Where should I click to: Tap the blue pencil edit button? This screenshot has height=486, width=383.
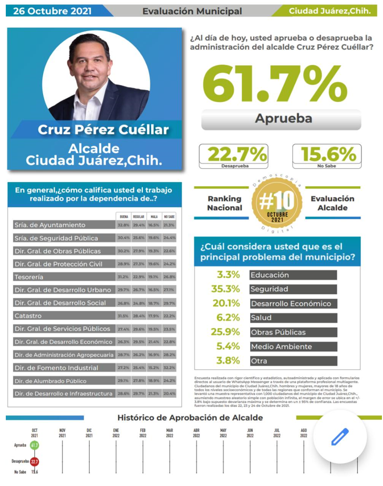(340, 437)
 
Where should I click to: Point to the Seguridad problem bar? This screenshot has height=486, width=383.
(292, 289)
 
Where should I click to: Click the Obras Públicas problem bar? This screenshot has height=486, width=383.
(292, 332)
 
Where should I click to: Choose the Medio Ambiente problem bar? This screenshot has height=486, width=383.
(292, 347)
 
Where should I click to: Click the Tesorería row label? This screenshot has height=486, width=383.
(63, 277)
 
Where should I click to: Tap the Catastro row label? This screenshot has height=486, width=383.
(63, 316)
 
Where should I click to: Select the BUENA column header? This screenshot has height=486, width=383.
(123, 216)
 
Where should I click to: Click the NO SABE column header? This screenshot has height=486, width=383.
(169, 216)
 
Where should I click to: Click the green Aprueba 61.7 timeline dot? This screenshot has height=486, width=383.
(35, 445)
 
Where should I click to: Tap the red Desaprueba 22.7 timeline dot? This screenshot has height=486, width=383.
(35, 461)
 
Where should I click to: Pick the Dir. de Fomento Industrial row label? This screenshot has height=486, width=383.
(63, 367)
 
